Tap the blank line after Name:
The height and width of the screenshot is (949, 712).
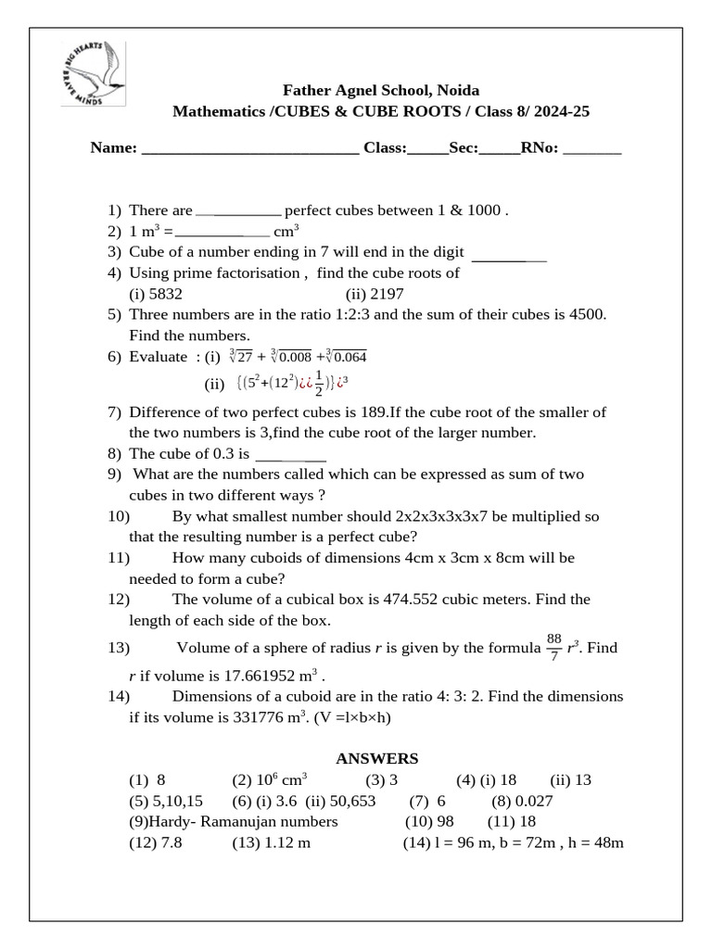point(250,149)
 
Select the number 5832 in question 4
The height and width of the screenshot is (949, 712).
point(165,294)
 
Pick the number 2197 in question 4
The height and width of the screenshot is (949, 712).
point(387,294)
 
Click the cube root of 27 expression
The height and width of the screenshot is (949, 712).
point(240,357)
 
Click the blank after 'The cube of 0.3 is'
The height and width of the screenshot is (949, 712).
point(289,455)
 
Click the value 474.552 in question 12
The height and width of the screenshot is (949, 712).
point(410,599)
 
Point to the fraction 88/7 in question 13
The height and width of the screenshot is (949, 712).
point(554,647)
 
